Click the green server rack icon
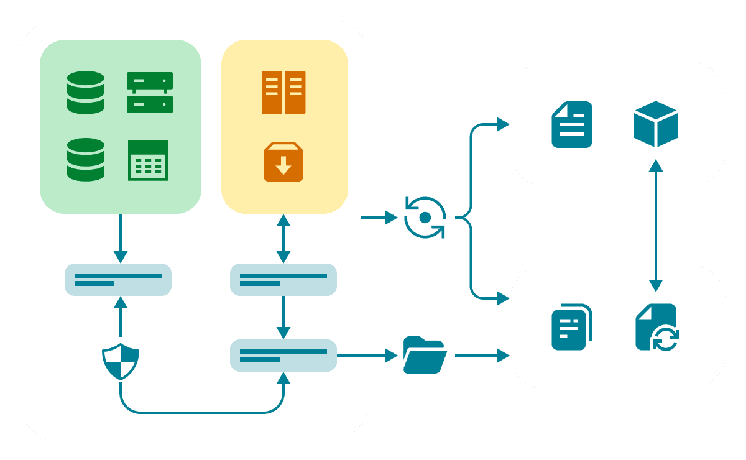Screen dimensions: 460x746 pos(150,93)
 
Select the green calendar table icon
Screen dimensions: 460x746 pos(148,160)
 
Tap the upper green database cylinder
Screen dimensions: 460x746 pos(86,93)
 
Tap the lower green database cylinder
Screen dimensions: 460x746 pos(86,160)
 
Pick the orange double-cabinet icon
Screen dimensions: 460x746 pos(283,93)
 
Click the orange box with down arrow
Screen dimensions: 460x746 pos(283,162)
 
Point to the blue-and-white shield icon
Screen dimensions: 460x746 pos(120,361)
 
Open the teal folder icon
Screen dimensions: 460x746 pos(425,355)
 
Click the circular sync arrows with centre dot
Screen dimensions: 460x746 pos(425,218)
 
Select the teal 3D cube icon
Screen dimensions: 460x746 pos(655,124)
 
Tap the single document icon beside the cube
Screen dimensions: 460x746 pos(572,124)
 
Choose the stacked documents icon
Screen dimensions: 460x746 pos(572,327)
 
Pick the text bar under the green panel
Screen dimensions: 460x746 pos(118,280)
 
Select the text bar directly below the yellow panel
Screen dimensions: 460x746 pos(283,280)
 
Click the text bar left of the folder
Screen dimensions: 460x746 pos(283,356)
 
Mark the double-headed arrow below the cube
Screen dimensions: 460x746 pos(655,226)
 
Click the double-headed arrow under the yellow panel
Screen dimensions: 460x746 pos(283,239)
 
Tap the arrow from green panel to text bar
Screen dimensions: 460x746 pos(121,239)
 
